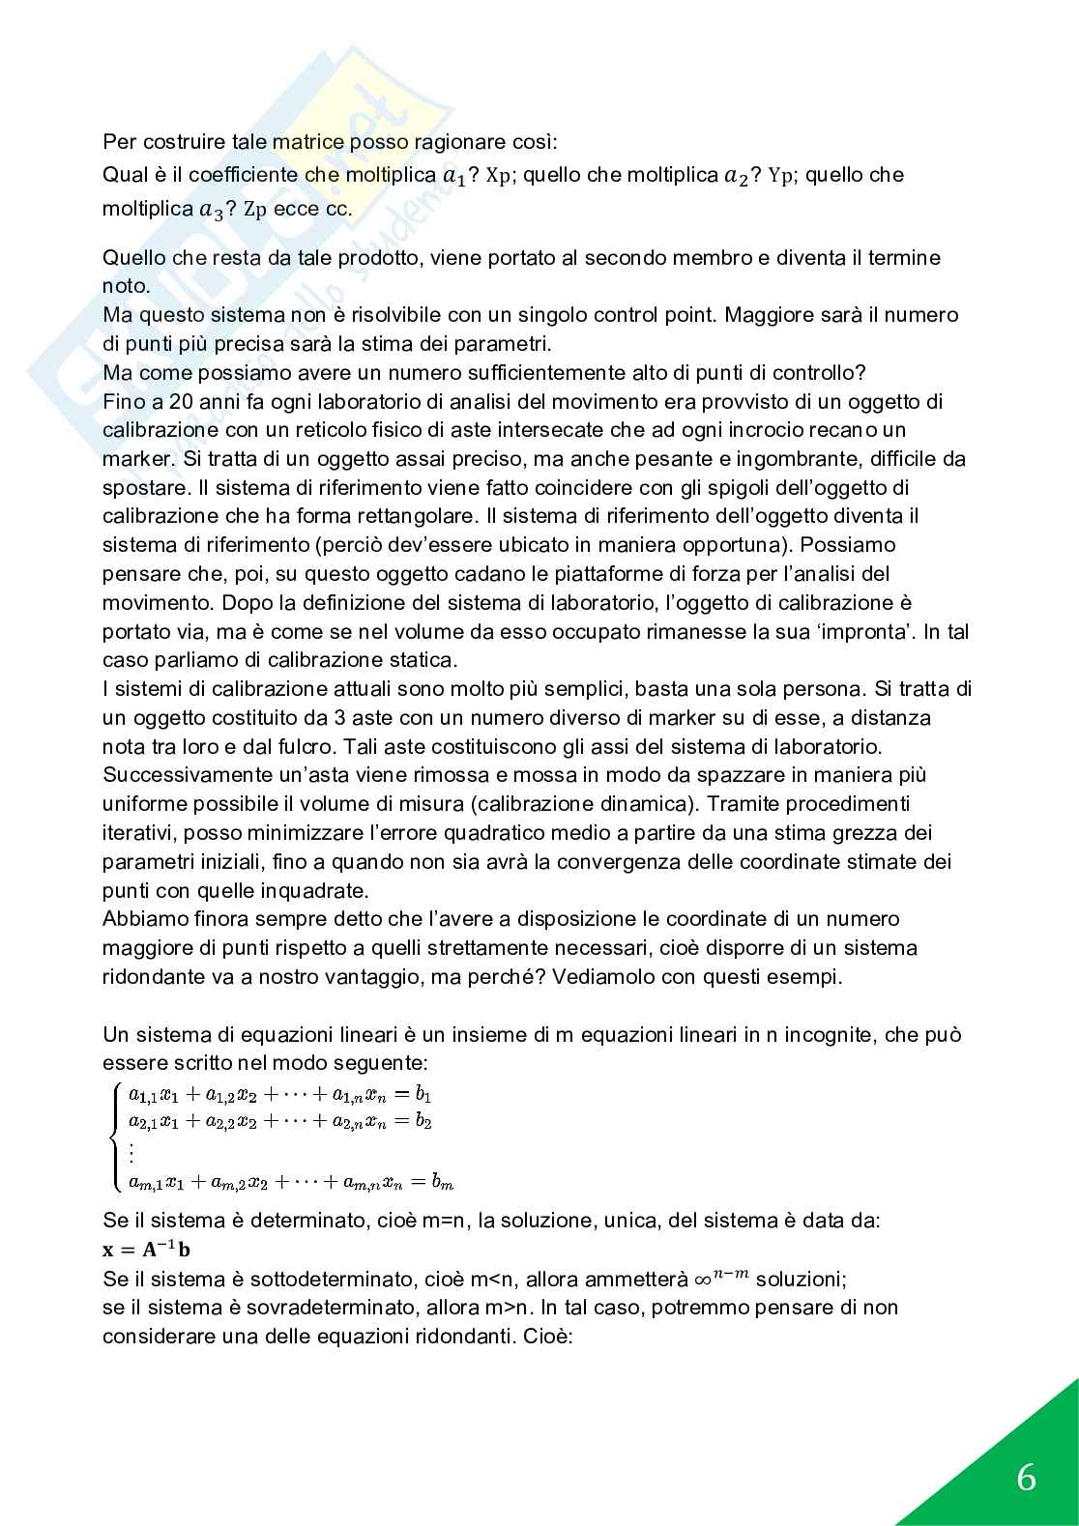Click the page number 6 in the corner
[1026, 1478]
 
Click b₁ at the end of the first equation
[423, 1095]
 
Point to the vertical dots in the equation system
[131, 1152]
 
